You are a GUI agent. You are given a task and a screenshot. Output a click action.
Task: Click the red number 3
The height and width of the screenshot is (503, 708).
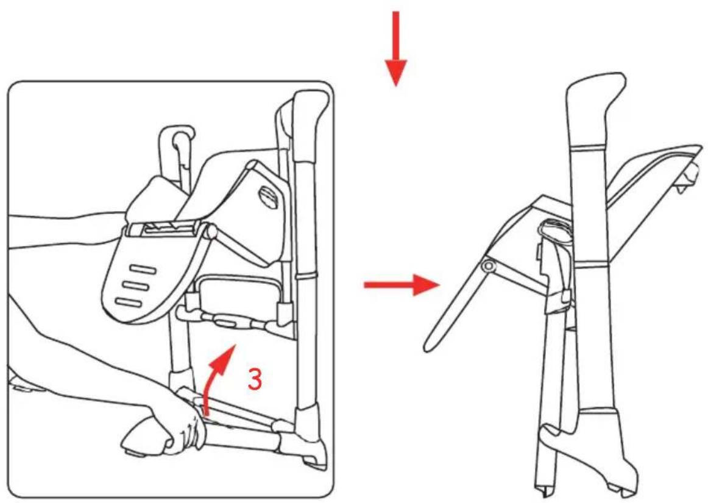tap(255, 379)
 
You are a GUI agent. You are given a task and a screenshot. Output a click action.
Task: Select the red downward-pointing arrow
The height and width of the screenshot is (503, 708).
tap(396, 49)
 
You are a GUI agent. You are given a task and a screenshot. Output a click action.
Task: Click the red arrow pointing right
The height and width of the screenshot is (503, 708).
tap(402, 284)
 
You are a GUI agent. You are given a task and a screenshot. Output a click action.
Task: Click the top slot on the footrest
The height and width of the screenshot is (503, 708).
tap(144, 270)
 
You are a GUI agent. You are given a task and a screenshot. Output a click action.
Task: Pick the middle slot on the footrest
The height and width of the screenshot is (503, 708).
tap(136, 286)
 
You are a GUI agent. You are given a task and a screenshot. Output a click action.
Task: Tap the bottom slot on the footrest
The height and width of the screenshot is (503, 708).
tap(130, 301)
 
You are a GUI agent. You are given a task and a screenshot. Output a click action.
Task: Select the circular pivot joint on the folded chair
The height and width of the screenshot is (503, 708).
tap(488, 267)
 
